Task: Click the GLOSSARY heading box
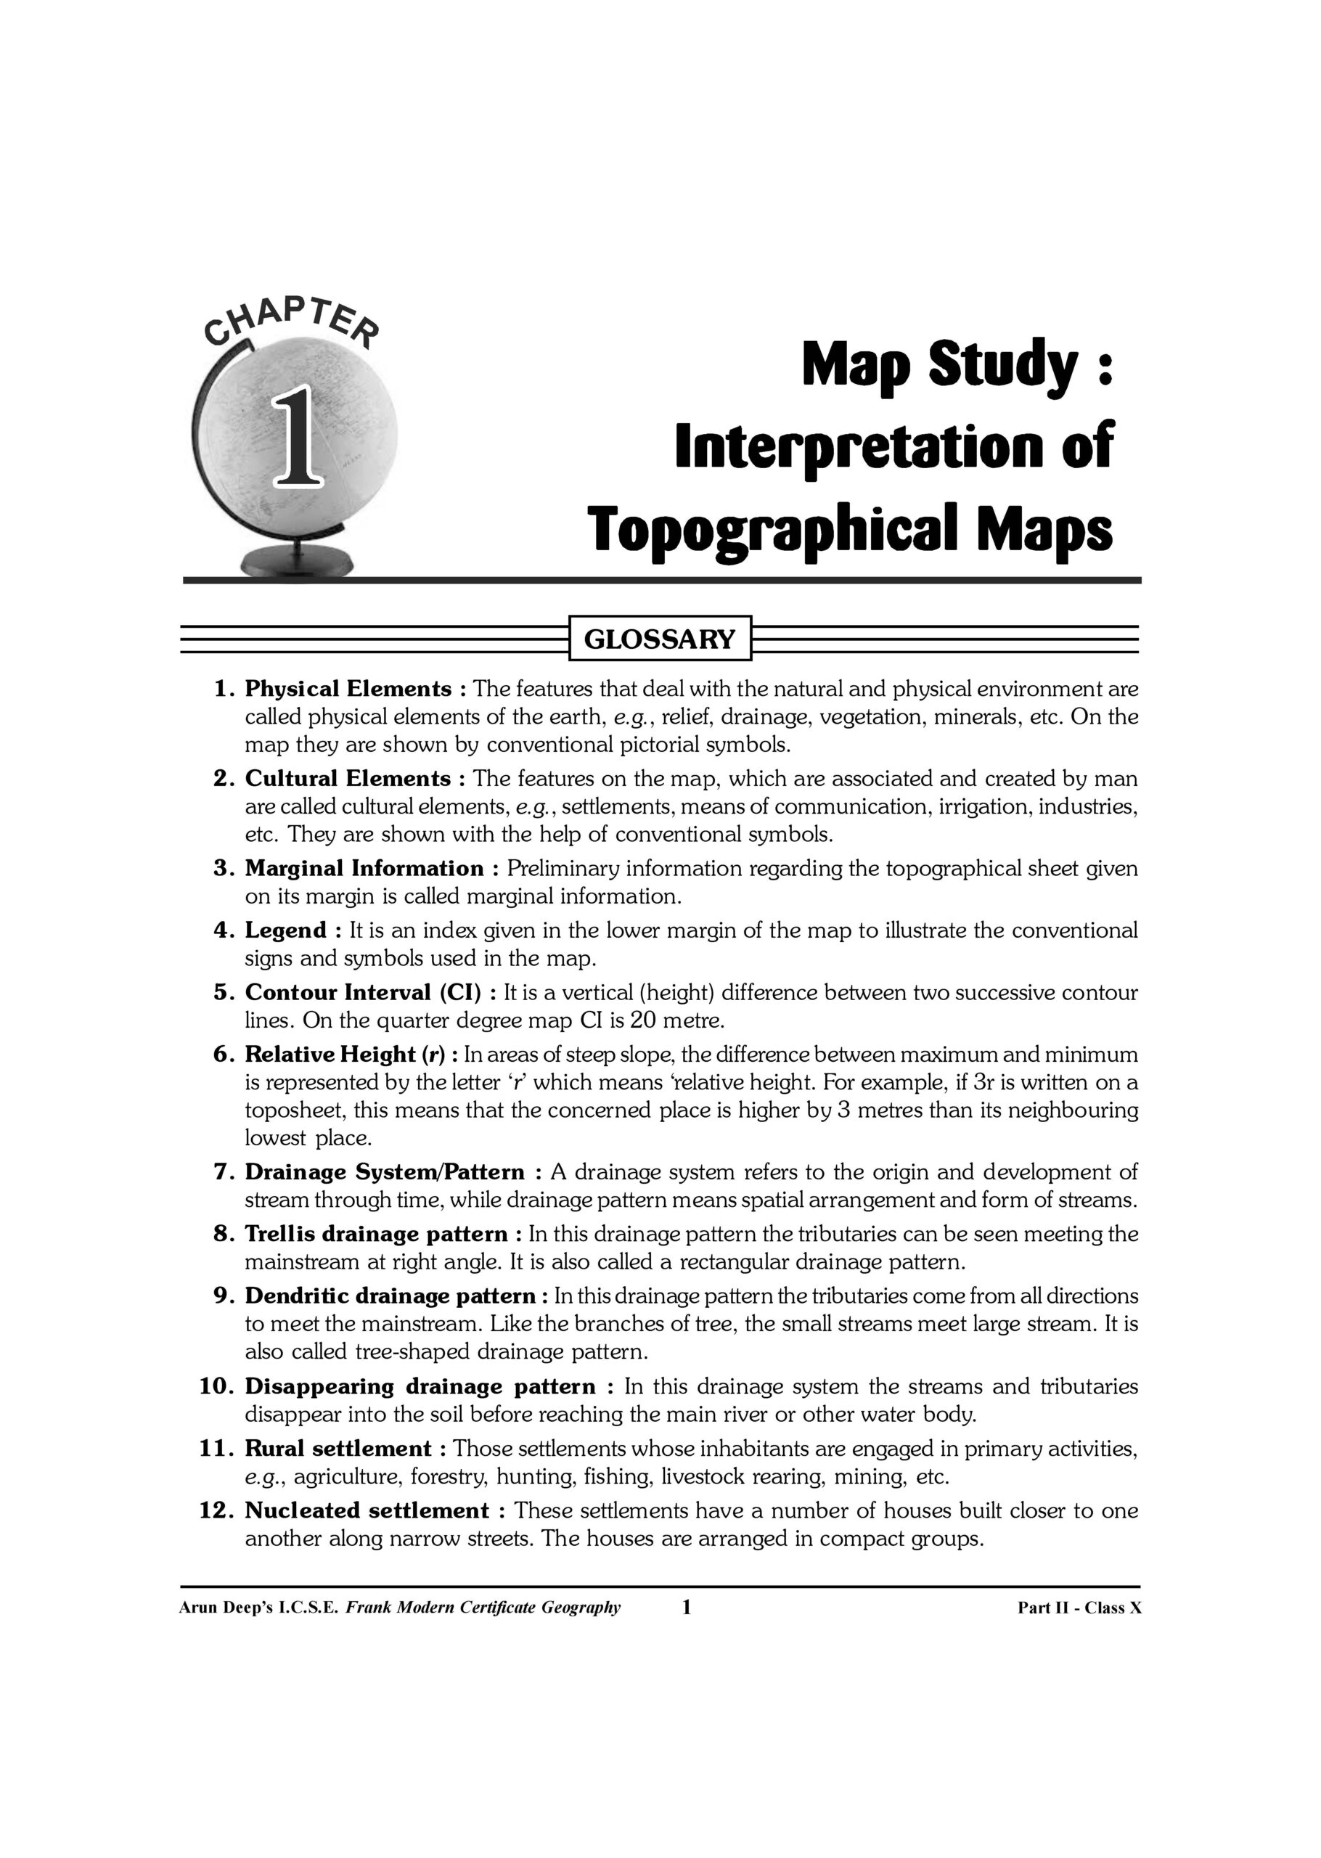(x=659, y=639)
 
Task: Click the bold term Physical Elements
(x=348, y=689)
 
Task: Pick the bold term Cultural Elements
(x=348, y=778)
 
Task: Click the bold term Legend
(x=286, y=930)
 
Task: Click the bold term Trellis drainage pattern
(x=377, y=1234)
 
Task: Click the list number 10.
(x=216, y=1386)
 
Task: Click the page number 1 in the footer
(x=686, y=1607)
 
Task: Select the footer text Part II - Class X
(x=1079, y=1608)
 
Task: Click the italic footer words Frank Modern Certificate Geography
(x=483, y=1608)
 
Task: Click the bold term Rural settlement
(x=338, y=1448)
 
